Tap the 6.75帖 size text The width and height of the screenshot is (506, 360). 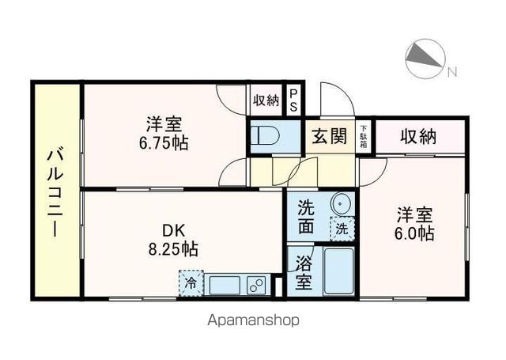point(165,144)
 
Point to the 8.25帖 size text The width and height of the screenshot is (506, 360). point(174,249)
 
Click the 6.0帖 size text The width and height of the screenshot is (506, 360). point(413,234)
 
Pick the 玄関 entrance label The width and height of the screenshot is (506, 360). point(328,136)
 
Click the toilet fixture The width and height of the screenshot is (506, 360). point(263,136)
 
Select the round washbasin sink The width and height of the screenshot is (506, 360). point(341,203)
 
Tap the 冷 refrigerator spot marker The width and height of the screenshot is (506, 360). point(191,282)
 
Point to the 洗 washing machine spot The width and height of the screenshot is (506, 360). point(342,228)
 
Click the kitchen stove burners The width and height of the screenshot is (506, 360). point(256,283)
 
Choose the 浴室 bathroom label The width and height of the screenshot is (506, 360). point(303,271)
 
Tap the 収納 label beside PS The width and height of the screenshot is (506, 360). point(266,100)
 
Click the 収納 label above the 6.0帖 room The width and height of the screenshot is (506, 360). point(417,136)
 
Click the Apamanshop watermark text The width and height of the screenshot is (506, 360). point(255,321)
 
